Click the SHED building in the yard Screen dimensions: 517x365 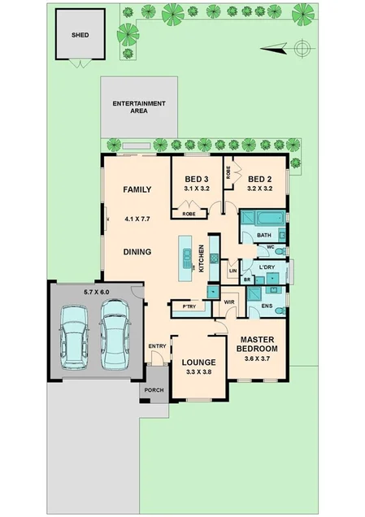point(79,36)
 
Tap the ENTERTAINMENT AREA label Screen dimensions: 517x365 point(139,107)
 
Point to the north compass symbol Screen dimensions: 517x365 point(302,49)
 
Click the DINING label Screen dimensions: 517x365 point(137,252)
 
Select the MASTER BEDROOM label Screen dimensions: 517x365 point(257,344)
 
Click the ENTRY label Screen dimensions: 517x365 point(157,347)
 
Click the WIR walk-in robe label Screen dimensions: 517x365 point(229,302)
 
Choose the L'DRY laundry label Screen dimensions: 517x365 point(267,267)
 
